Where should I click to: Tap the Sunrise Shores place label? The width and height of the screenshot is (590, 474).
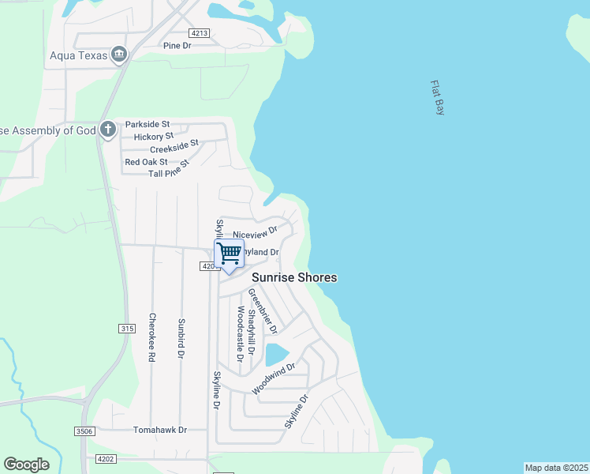click(x=294, y=277)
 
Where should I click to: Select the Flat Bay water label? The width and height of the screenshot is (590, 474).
click(x=438, y=98)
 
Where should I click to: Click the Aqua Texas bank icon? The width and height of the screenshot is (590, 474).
click(x=119, y=54)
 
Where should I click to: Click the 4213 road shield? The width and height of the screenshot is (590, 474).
click(x=199, y=32)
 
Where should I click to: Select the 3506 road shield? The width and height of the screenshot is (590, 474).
click(x=85, y=431)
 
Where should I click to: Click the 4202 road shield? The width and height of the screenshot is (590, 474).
click(x=106, y=458)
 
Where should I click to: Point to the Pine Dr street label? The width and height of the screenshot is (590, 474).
click(x=177, y=46)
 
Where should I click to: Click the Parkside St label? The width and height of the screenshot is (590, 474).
click(x=147, y=125)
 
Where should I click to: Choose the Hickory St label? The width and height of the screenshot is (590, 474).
click(x=152, y=137)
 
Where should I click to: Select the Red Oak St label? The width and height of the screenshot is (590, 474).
click(x=146, y=162)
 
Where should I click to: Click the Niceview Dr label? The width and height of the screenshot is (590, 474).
click(x=256, y=233)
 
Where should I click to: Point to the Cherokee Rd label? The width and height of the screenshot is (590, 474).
click(x=151, y=337)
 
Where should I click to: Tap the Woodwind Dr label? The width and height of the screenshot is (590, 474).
click(x=273, y=379)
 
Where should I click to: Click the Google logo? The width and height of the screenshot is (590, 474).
click(x=26, y=465)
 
